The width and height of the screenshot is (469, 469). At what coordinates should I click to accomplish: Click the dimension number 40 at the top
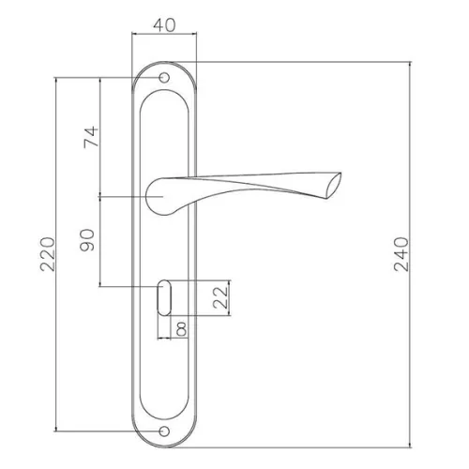pyautogui.click(x=164, y=25)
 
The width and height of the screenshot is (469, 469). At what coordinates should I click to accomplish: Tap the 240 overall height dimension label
pyautogui.click(x=401, y=254)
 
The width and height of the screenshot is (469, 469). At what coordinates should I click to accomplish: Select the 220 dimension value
pyautogui.click(x=48, y=254)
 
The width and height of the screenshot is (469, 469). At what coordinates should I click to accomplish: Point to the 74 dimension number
pyautogui.click(x=91, y=137)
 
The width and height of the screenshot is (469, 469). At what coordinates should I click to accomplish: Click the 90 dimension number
pyautogui.click(x=87, y=240)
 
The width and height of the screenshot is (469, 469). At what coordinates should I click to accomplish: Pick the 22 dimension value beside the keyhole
pyautogui.click(x=220, y=297)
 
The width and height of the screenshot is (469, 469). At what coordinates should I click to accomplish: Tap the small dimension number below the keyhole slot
pyautogui.click(x=182, y=328)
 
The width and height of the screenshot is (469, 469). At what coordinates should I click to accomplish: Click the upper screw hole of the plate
pyautogui.click(x=164, y=78)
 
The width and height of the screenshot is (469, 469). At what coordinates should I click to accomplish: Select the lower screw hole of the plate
pyautogui.click(x=164, y=431)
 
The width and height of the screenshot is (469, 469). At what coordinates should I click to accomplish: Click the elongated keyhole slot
pyautogui.click(x=164, y=298)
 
